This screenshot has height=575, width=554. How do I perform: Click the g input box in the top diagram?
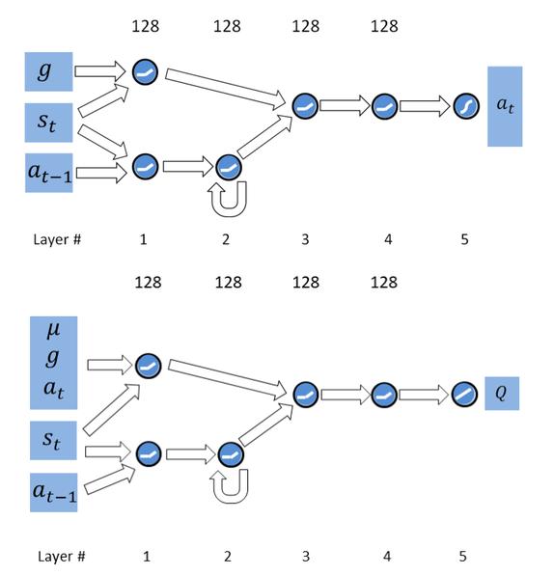(49, 71)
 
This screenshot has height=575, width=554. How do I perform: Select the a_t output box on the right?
(505, 106)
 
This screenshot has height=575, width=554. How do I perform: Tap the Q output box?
(502, 393)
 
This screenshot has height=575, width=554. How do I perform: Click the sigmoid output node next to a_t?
(466, 106)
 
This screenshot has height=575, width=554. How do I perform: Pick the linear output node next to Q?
(464, 395)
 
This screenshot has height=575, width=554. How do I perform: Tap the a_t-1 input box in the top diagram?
(49, 173)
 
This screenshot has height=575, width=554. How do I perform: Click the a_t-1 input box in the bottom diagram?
(53, 492)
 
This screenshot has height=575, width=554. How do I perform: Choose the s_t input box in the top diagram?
(48, 123)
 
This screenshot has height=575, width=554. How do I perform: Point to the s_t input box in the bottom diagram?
(53, 441)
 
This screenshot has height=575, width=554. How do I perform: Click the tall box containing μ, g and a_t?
(53, 363)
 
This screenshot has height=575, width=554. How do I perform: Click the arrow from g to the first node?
(100, 71)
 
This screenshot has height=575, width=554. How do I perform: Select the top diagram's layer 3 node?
(305, 106)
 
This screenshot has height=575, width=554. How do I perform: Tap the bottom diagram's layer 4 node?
(384, 395)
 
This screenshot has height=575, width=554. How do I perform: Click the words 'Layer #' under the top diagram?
(57, 239)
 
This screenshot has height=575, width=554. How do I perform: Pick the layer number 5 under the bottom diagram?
(463, 557)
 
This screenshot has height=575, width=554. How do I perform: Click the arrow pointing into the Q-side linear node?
(425, 395)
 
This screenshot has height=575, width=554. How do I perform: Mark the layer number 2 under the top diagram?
(226, 239)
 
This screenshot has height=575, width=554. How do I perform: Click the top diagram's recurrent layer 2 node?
(229, 167)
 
